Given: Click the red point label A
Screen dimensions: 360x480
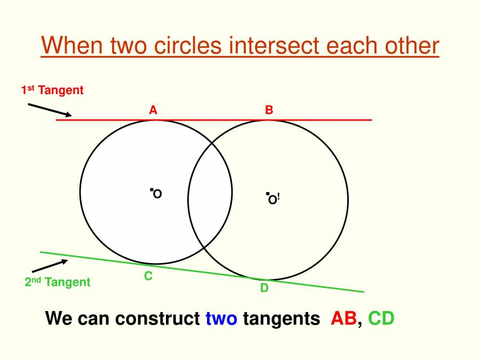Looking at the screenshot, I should [x=153, y=110].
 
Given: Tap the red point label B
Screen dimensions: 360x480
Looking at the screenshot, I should [x=269, y=110].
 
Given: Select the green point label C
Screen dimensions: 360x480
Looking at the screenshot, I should [x=148, y=276].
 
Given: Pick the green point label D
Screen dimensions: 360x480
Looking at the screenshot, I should [x=264, y=288].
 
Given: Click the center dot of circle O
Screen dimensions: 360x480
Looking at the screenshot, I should [x=151, y=189].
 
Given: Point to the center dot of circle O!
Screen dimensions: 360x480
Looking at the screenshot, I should [x=267, y=195].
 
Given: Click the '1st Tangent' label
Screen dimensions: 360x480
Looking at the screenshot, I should [x=52, y=90].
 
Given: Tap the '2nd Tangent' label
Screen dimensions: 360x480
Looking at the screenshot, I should [x=58, y=282].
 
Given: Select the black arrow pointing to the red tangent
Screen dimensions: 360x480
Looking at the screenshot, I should [x=49, y=109].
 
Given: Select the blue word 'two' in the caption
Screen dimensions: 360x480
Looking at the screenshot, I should [x=221, y=318].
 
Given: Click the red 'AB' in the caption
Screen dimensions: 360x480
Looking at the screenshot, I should [x=344, y=318].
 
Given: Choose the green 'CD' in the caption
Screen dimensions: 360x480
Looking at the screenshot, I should [x=381, y=318].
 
